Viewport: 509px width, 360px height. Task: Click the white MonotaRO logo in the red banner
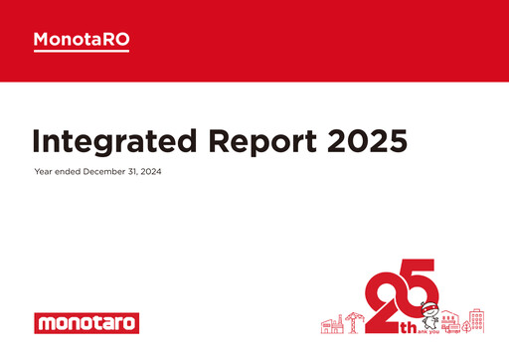82,39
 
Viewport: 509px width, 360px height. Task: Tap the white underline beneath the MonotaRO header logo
82,51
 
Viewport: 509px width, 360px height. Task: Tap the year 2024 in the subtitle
150,172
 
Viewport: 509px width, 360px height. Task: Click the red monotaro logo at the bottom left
86,323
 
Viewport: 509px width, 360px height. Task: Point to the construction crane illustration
353,321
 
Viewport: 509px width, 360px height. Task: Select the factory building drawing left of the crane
332,325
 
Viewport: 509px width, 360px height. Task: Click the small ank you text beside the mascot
425,332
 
